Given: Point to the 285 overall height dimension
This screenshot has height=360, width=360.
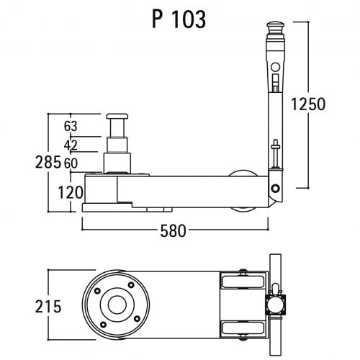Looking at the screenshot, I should pyautogui.click(x=58, y=162).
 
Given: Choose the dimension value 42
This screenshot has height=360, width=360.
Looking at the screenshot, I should pyautogui.click(x=71, y=145).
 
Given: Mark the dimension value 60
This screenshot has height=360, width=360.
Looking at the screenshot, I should pyautogui.click(x=71, y=163).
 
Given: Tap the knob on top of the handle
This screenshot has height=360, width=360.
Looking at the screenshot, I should pyautogui.click(x=274, y=30).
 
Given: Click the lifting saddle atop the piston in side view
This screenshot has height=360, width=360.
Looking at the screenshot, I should pyautogui.click(x=118, y=116).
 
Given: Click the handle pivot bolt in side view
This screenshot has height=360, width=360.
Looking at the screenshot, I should pyautogui.click(x=274, y=188).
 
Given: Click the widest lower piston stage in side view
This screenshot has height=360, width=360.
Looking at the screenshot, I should pyautogui.click(x=118, y=162).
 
